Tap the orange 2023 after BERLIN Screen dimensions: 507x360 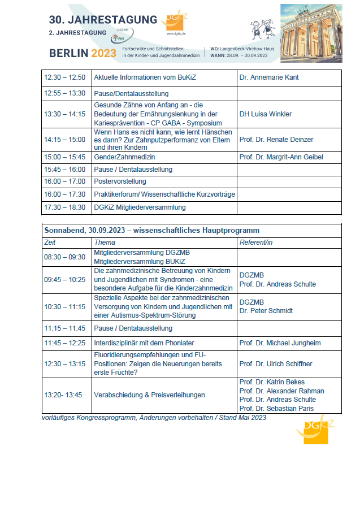coord(103,54)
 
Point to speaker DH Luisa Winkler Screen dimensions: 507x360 coord(266,114)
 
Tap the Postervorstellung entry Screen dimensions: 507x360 coord(120,181)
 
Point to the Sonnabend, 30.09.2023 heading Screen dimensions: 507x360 coord(151,231)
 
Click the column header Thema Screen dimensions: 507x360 coord(105,242)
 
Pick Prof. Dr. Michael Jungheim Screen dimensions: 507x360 coord(280,343)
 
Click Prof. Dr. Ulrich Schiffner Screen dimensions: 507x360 coord(276,364)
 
